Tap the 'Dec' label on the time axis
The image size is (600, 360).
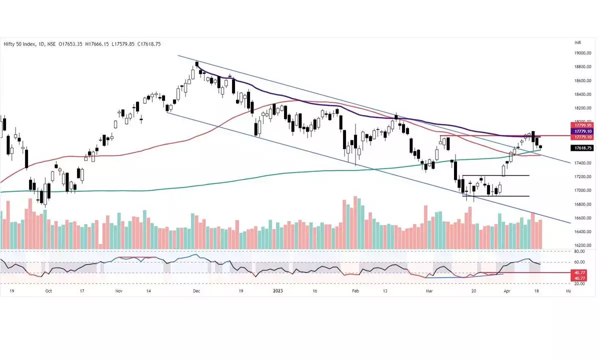196,290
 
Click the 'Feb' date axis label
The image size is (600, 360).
355,290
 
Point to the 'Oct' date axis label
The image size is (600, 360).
48,290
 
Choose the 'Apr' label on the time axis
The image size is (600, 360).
507,290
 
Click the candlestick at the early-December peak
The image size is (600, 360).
197,64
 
